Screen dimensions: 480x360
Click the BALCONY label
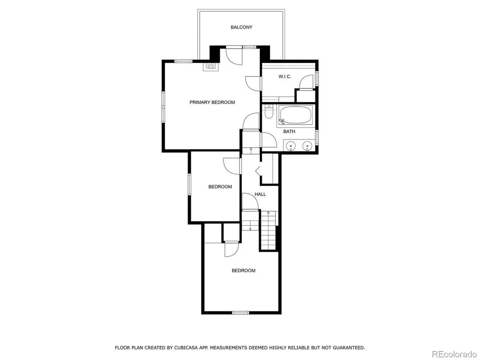click(242, 27)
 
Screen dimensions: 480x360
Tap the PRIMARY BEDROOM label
click(212, 102)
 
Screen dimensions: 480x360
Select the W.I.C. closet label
click(285, 77)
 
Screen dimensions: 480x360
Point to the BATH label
click(289, 131)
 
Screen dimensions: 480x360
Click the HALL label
click(260, 194)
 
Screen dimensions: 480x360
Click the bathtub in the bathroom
click(295, 115)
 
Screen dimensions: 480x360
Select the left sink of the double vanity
click(290, 146)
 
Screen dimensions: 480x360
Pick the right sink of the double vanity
click(307, 146)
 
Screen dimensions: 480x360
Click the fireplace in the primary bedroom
click(210, 66)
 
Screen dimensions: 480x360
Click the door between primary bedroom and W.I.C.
click(253, 83)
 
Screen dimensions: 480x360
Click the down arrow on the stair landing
click(250, 227)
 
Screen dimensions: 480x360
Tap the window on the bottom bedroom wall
click(240, 312)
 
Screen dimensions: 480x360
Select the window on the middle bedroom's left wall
click(189, 184)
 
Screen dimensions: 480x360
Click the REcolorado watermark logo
click(454, 354)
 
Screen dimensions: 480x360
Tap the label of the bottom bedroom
click(243, 271)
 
